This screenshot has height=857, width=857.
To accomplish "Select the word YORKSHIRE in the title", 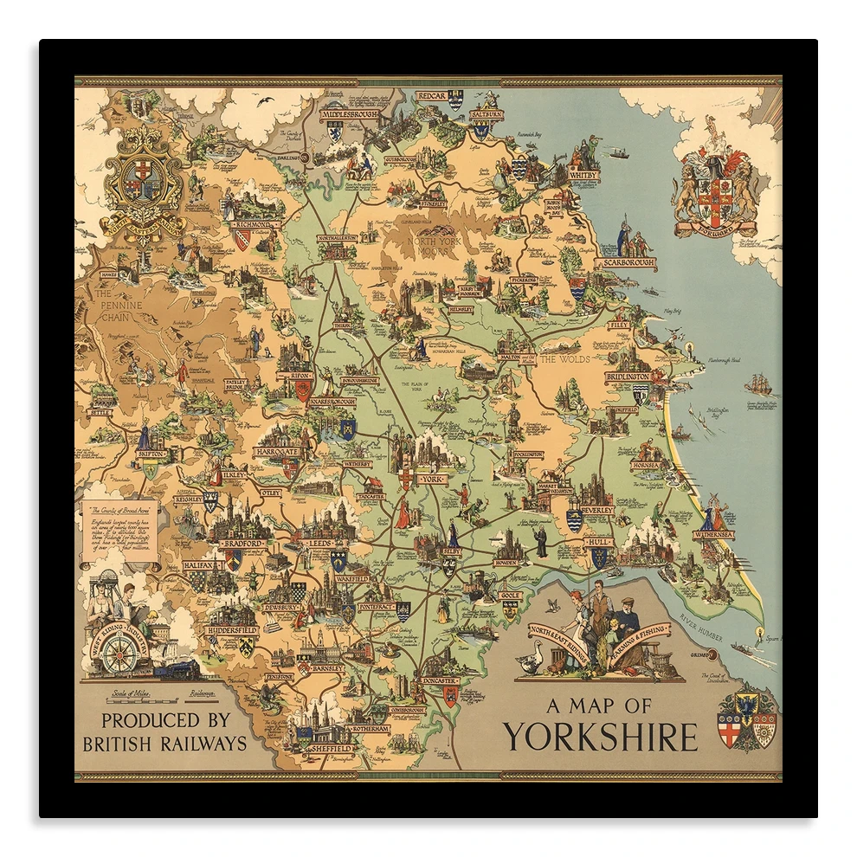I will click(x=600, y=737).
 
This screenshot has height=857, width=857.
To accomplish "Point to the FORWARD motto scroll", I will click(x=715, y=229).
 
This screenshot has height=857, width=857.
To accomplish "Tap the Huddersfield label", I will click(x=232, y=631).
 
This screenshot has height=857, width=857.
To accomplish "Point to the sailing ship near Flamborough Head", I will click(x=758, y=383).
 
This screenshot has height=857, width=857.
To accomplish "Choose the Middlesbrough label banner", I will click(x=351, y=114).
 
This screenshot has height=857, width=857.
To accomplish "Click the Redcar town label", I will click(x=430, y=96).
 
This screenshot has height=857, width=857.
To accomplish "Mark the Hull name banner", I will click(x=598, y=542).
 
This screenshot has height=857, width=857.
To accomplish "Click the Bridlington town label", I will click(x=628, y=377).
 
